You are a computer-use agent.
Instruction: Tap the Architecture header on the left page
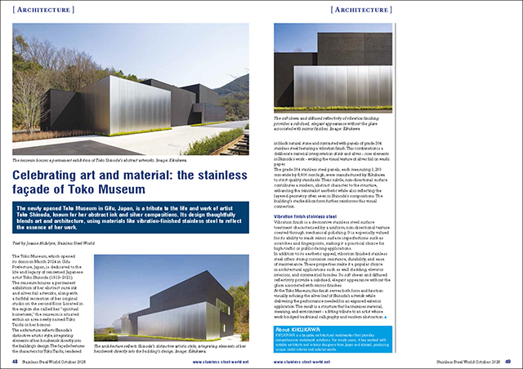pos(39,10)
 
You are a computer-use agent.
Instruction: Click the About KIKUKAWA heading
pos(306,330)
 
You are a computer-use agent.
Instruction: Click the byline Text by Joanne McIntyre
pos(51,246)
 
